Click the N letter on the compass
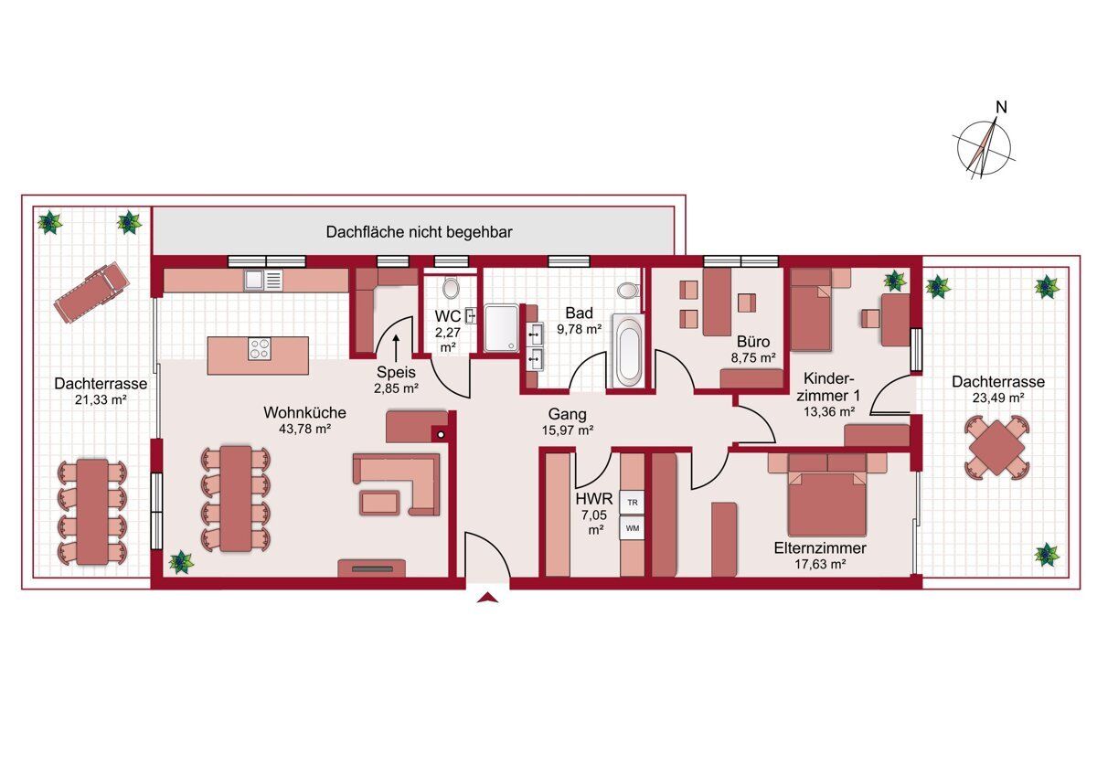coord(1002,107)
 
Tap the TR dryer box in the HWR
coord(633,503)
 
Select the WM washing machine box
coord(633,528)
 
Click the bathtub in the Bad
coord(628,352)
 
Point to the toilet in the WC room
coord(450,287)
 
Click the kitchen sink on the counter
coord(263,280)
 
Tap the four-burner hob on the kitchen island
coord(259,349)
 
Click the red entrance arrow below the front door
coord(487,597)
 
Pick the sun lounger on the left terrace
coord(91,292)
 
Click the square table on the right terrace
coord(996,448)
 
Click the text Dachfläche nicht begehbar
coord(420,232)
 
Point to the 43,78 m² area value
coord(304,429)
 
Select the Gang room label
coord(567,414)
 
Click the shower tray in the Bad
coord(502,328)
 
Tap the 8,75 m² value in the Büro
coord(753,358)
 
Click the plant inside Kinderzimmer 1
coord(895,281)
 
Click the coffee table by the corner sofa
coord(379,503)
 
